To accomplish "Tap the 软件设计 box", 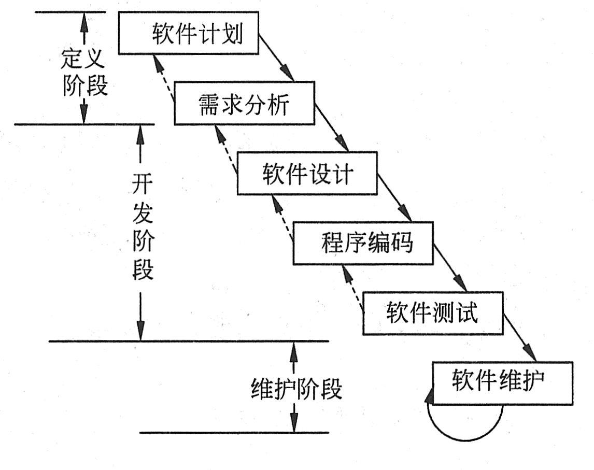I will click(x=307, y=173).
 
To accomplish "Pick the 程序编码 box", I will click(x=363, y=243).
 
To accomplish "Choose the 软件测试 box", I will click(x=432, y=314).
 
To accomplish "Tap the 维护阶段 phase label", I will click(x=296, y=388).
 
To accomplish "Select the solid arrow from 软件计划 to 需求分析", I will click(x=277, y=58).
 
